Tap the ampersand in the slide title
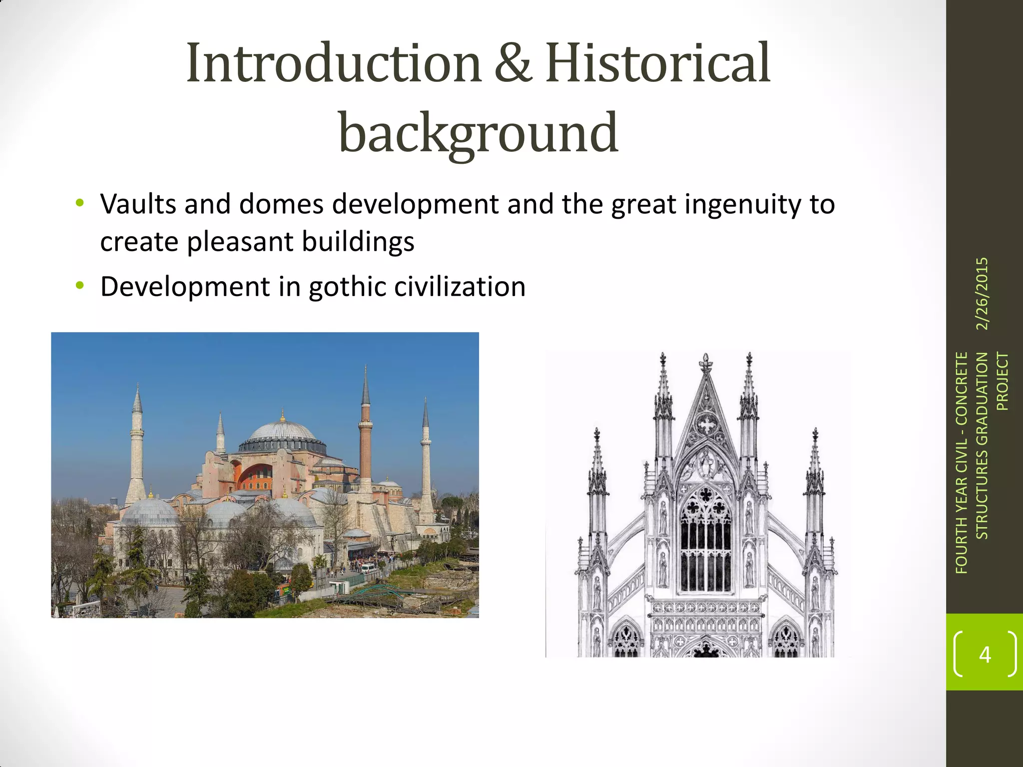(x=512, y=63)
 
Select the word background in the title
(x=479, y=133)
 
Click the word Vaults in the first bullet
(x=138, y=204)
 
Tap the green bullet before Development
(x=79, y=286)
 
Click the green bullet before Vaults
(x=79, y=203)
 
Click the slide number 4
(x=985, y=654)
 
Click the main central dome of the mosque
(x=282, y=432)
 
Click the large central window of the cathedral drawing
(x=706, y=539)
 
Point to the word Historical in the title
(x=657, y=63)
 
